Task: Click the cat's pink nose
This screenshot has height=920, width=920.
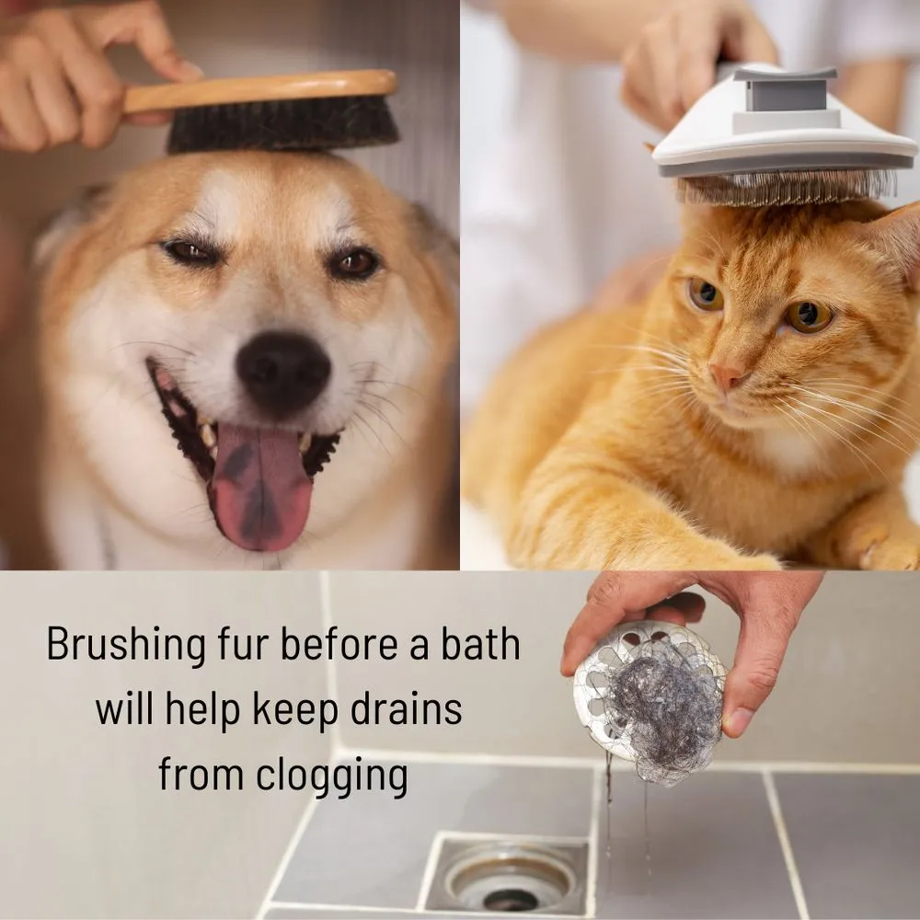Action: (x=727, y=375)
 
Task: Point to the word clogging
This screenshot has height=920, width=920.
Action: (x=332, y=776)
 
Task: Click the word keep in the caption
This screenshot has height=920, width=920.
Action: (x=294, y=710)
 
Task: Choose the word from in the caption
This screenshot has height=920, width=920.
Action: (x=201, y=776)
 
